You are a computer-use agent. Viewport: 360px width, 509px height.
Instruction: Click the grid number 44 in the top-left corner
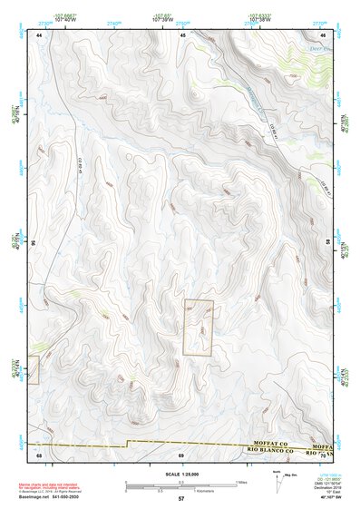[x=40, y=34]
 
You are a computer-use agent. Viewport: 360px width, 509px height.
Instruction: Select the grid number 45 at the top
[x=182, y=34]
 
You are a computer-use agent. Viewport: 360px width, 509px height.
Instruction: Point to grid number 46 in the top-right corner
[x=324, y=34]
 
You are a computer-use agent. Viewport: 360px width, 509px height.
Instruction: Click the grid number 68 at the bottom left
[x=39, y=453]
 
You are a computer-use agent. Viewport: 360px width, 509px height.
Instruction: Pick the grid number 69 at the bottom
[x=181, y=453]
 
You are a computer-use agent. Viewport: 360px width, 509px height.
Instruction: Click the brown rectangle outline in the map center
[x=198, y=328]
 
